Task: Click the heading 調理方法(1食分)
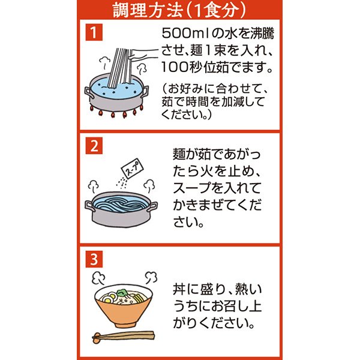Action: pyautogui.click(x=179, y=10)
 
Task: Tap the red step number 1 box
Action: pyautogui.click(x=94, y=32)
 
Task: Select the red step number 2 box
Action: pyautogui.click(x=94, y=146)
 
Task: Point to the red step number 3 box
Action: pyautogui.click(x=94, y=259)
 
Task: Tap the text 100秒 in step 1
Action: pyautogui.click(x=182, y=67)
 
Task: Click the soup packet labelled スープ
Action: pyautogui.click(x=132, y=169)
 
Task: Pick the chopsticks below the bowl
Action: pyautogui.click(x=123, y=336)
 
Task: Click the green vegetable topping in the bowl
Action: pyautogui.click(x=122, y=293)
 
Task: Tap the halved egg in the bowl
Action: pyautogui.click(x=108, y=298)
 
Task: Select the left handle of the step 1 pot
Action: pyautogui.click(x=89, y=92)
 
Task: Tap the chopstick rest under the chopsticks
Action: pyautogui.click(x=97, y=338)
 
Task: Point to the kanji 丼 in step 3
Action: pyautogui.click(x=179, y=290)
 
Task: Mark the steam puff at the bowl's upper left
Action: pyautogui.click(x=98, y=278)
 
